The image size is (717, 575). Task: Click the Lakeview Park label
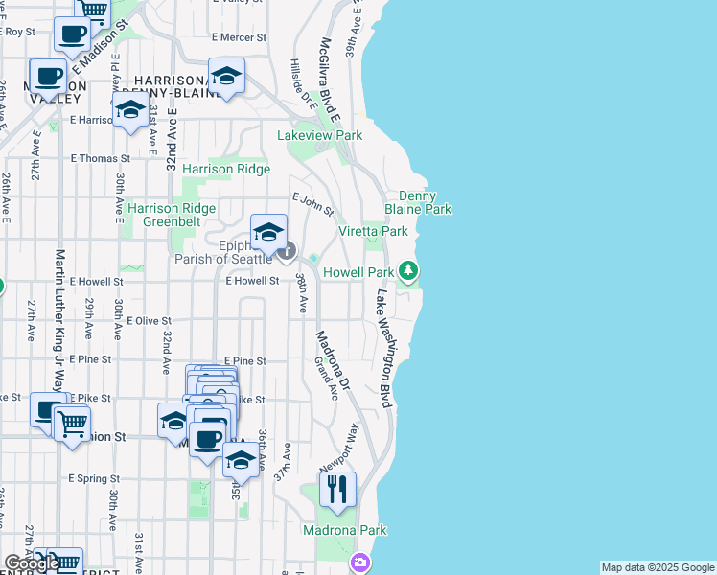320,136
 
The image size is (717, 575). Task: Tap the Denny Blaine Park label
418,201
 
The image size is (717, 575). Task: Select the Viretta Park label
373,231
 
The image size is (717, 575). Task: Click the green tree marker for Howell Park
408,271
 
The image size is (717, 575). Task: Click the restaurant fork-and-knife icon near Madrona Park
337,490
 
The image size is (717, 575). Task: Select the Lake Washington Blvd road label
385,351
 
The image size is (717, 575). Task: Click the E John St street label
313,203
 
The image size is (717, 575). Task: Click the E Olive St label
149,321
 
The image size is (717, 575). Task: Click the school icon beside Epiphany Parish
269,231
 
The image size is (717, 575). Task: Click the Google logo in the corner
32,563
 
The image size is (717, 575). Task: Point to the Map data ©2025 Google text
658,567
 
